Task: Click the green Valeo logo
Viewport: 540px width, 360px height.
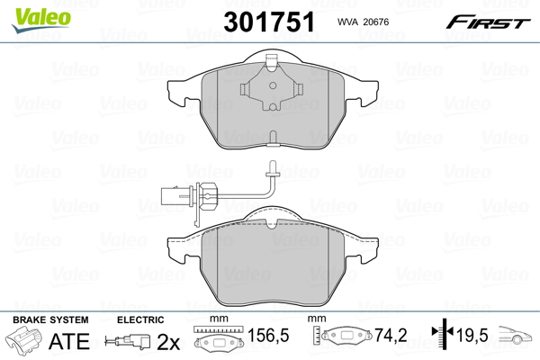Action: [x=41, y=21]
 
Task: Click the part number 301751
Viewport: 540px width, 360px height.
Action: [x=269, y=22]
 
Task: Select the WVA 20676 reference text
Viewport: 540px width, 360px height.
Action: [x=363, y=22]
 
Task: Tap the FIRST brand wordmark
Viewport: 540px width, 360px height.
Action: [x=488, y=22]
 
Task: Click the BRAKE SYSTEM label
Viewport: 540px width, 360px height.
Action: [x=50, y=319]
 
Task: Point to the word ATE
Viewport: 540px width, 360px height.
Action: [x=69, y=341]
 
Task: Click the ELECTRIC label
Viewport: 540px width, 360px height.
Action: [x=140, y=319]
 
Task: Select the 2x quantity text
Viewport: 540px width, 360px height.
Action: [x=168, y=342]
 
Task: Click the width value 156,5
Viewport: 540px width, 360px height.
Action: [x=268, y=335]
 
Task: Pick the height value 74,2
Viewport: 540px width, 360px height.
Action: [x=391, y=335]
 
